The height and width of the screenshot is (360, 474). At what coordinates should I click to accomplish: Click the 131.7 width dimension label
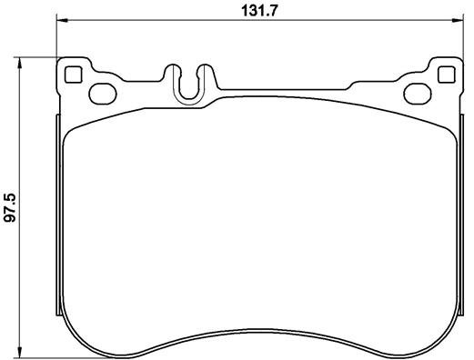[259, 11]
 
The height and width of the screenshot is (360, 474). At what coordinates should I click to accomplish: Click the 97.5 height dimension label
[10, 208]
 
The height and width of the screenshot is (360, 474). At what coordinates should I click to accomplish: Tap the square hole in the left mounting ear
[74, 75]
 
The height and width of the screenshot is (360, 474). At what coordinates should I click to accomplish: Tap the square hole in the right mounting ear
[447, 75]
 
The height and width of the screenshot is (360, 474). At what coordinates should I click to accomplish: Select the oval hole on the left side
[103, 95]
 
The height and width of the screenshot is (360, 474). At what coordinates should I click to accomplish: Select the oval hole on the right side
[418, 95]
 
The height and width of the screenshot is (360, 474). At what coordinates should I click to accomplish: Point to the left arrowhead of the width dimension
[62, 20]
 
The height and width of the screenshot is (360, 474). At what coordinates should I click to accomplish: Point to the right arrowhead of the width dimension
[458, 20]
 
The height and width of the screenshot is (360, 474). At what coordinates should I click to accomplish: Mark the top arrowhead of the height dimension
[20, 63]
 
